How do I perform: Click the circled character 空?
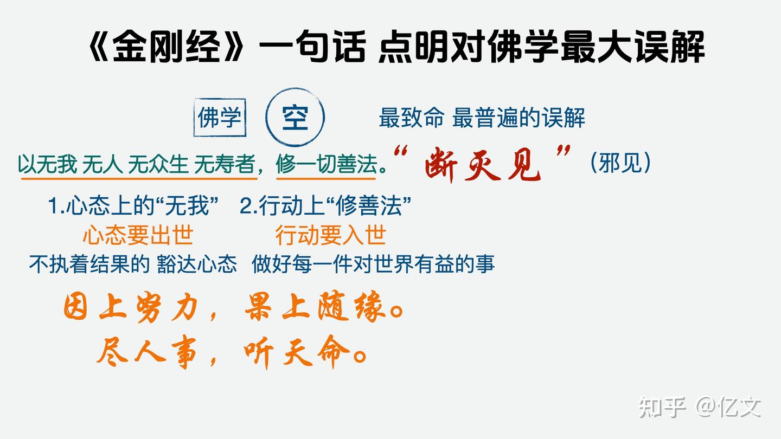click(x=295, y=117)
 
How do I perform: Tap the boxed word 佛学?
click(x=220, y=117)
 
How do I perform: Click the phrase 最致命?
click(x=411, y=118)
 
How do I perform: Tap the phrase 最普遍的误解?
click(x=518, y=118)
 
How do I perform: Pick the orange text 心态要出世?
click(x=138, y=236)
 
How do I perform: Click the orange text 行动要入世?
click(x=330, y=236)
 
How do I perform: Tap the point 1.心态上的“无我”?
click(x=133, y=206)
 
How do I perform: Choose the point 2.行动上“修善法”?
click(x=325, y=206)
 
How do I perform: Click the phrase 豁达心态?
click(x=197, y=264)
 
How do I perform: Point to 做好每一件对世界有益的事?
click(x=373, y=264)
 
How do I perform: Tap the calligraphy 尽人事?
click(x=150, y=353)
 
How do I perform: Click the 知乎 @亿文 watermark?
click(x=700, y=407)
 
